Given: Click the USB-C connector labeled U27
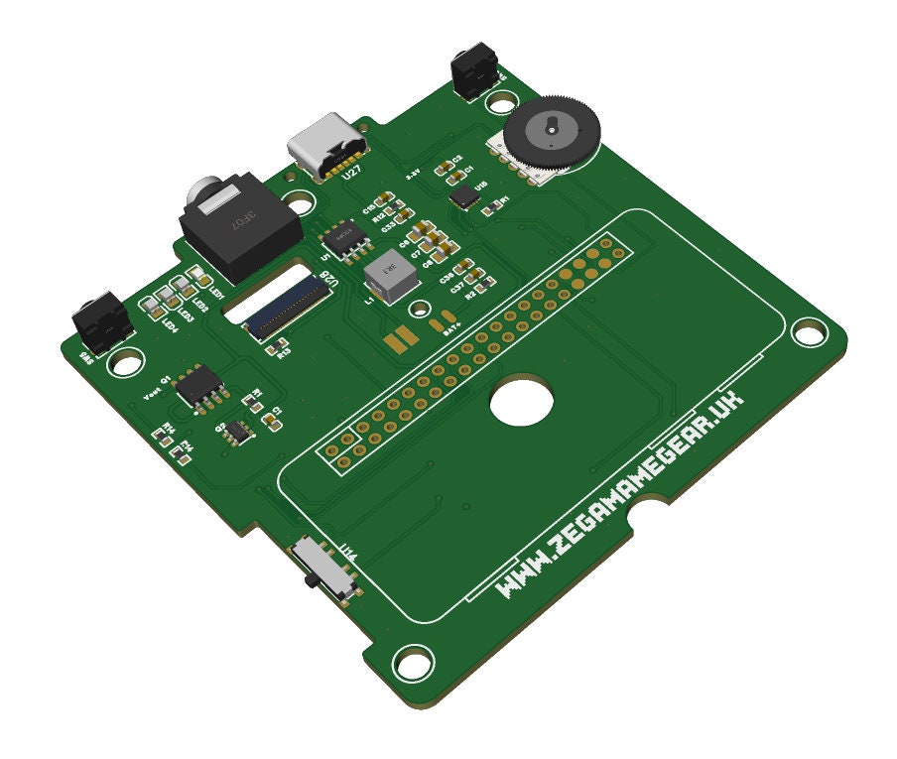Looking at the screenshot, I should [326, 146].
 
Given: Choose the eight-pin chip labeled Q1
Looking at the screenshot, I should [199, 386].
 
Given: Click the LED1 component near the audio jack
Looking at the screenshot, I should [195, 277].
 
